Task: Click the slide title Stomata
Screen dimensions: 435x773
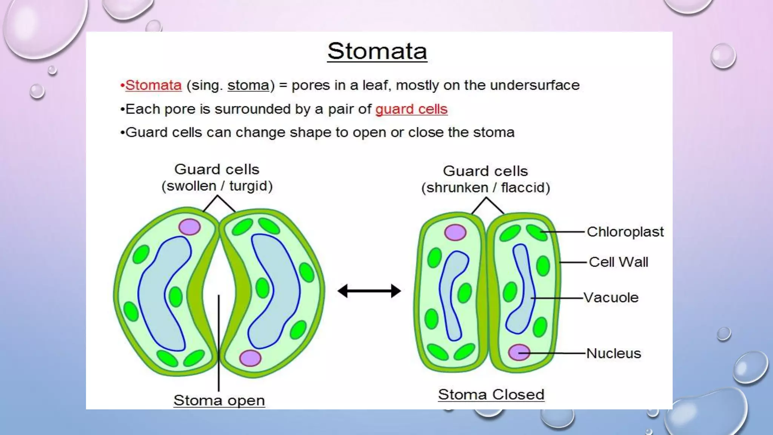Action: tap(377, 51)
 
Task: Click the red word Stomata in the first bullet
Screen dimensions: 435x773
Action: tap(153, 85)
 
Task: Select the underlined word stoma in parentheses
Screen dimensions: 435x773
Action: tap(248, 85)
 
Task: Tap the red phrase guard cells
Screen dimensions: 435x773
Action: tap(411, 109)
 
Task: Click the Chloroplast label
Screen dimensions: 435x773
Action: tap(625, 232)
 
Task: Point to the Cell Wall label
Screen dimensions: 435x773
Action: tap(618, 262)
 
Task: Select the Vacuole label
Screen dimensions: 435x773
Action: tap(611, 298)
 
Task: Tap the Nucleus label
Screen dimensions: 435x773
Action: tap(613, 353)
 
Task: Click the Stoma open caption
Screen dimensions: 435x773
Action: tap(219, 400)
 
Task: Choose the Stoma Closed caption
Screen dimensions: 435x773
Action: tap(491, 395)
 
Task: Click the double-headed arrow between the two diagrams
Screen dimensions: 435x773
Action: tap(369, 291)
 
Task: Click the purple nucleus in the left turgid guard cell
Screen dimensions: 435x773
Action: tap(189, 227)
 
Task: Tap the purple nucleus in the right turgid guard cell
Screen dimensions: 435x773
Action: tap(250, 358)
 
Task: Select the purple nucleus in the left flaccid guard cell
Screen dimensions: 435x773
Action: tap(455, 232)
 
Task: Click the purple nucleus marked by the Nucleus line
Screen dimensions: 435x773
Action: tap(519, 352)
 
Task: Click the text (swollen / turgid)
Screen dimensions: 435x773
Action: tap(217, 186)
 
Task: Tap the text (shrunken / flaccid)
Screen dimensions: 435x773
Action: tap(486, 188)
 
